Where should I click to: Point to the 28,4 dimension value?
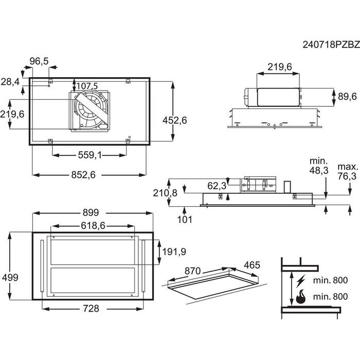10,82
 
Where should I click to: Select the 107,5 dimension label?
87,86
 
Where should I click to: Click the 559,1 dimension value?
90,155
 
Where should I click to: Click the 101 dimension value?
184,220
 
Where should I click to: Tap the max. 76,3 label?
347,172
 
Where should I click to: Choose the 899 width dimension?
91,212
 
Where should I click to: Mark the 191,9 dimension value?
174,252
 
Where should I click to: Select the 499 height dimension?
10,277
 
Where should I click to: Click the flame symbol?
300,297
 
